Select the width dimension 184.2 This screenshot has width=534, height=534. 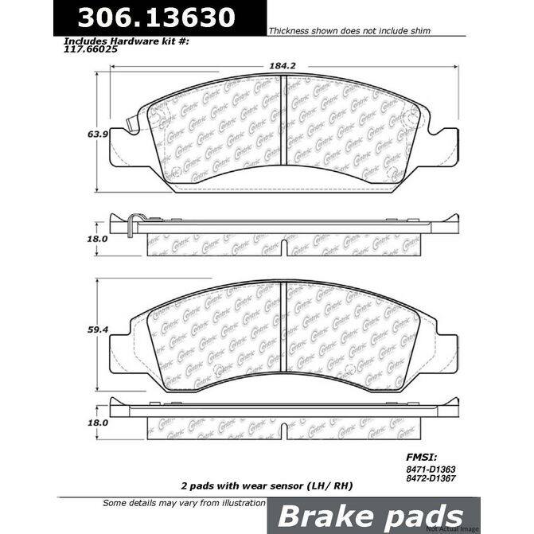tap(276, 68)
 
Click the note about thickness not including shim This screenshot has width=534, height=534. tap(349, 31)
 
